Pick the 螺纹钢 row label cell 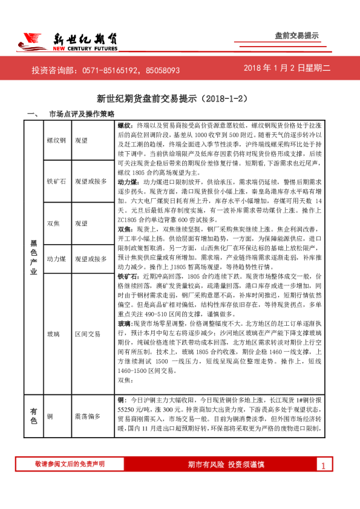pos(56,140)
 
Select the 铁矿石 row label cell pos(56,181)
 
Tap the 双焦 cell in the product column pos(56,222)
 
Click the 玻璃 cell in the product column pos(56,333)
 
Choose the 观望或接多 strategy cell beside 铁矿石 pos(91,181)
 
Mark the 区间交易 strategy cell pos(87,333)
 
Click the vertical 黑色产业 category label pos(34,257)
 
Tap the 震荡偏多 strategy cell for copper pos(87,417)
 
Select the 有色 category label pos(34,416)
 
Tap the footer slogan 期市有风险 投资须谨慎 pos(226,464)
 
